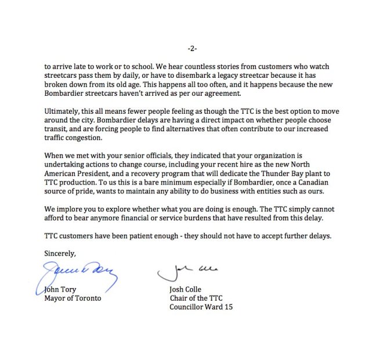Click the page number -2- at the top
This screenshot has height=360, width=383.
[191, 47]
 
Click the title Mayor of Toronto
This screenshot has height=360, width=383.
[73, 298]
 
